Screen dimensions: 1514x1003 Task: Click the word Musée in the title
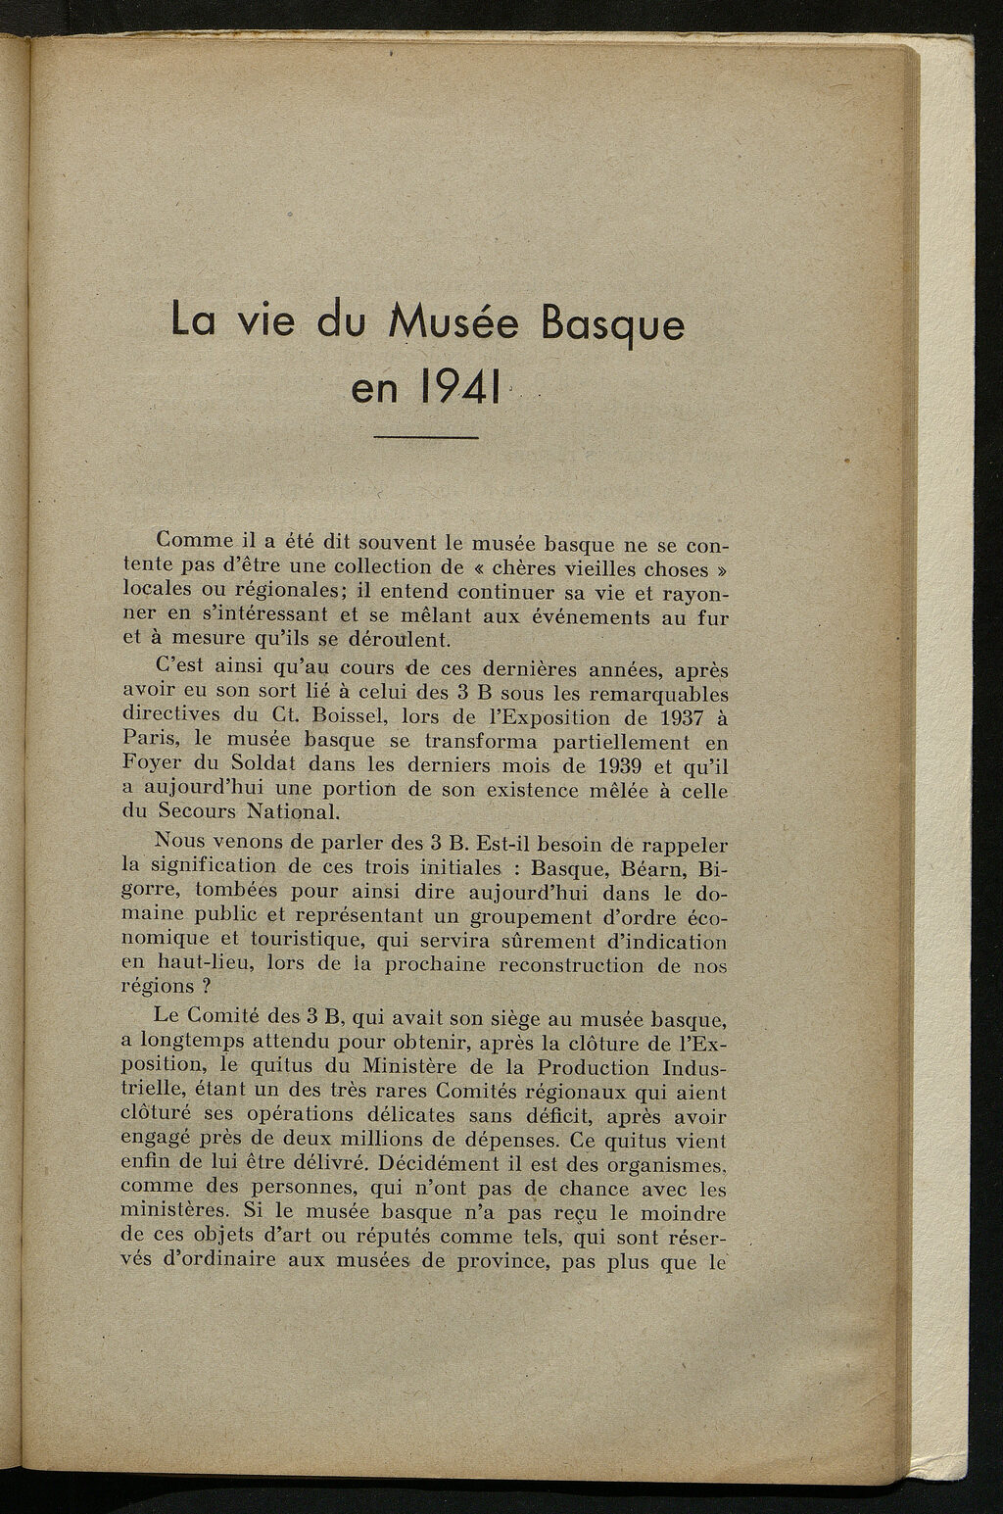[456, 322]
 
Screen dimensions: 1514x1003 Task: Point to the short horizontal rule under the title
[426, 437]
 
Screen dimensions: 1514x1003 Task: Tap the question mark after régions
[209, 989]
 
